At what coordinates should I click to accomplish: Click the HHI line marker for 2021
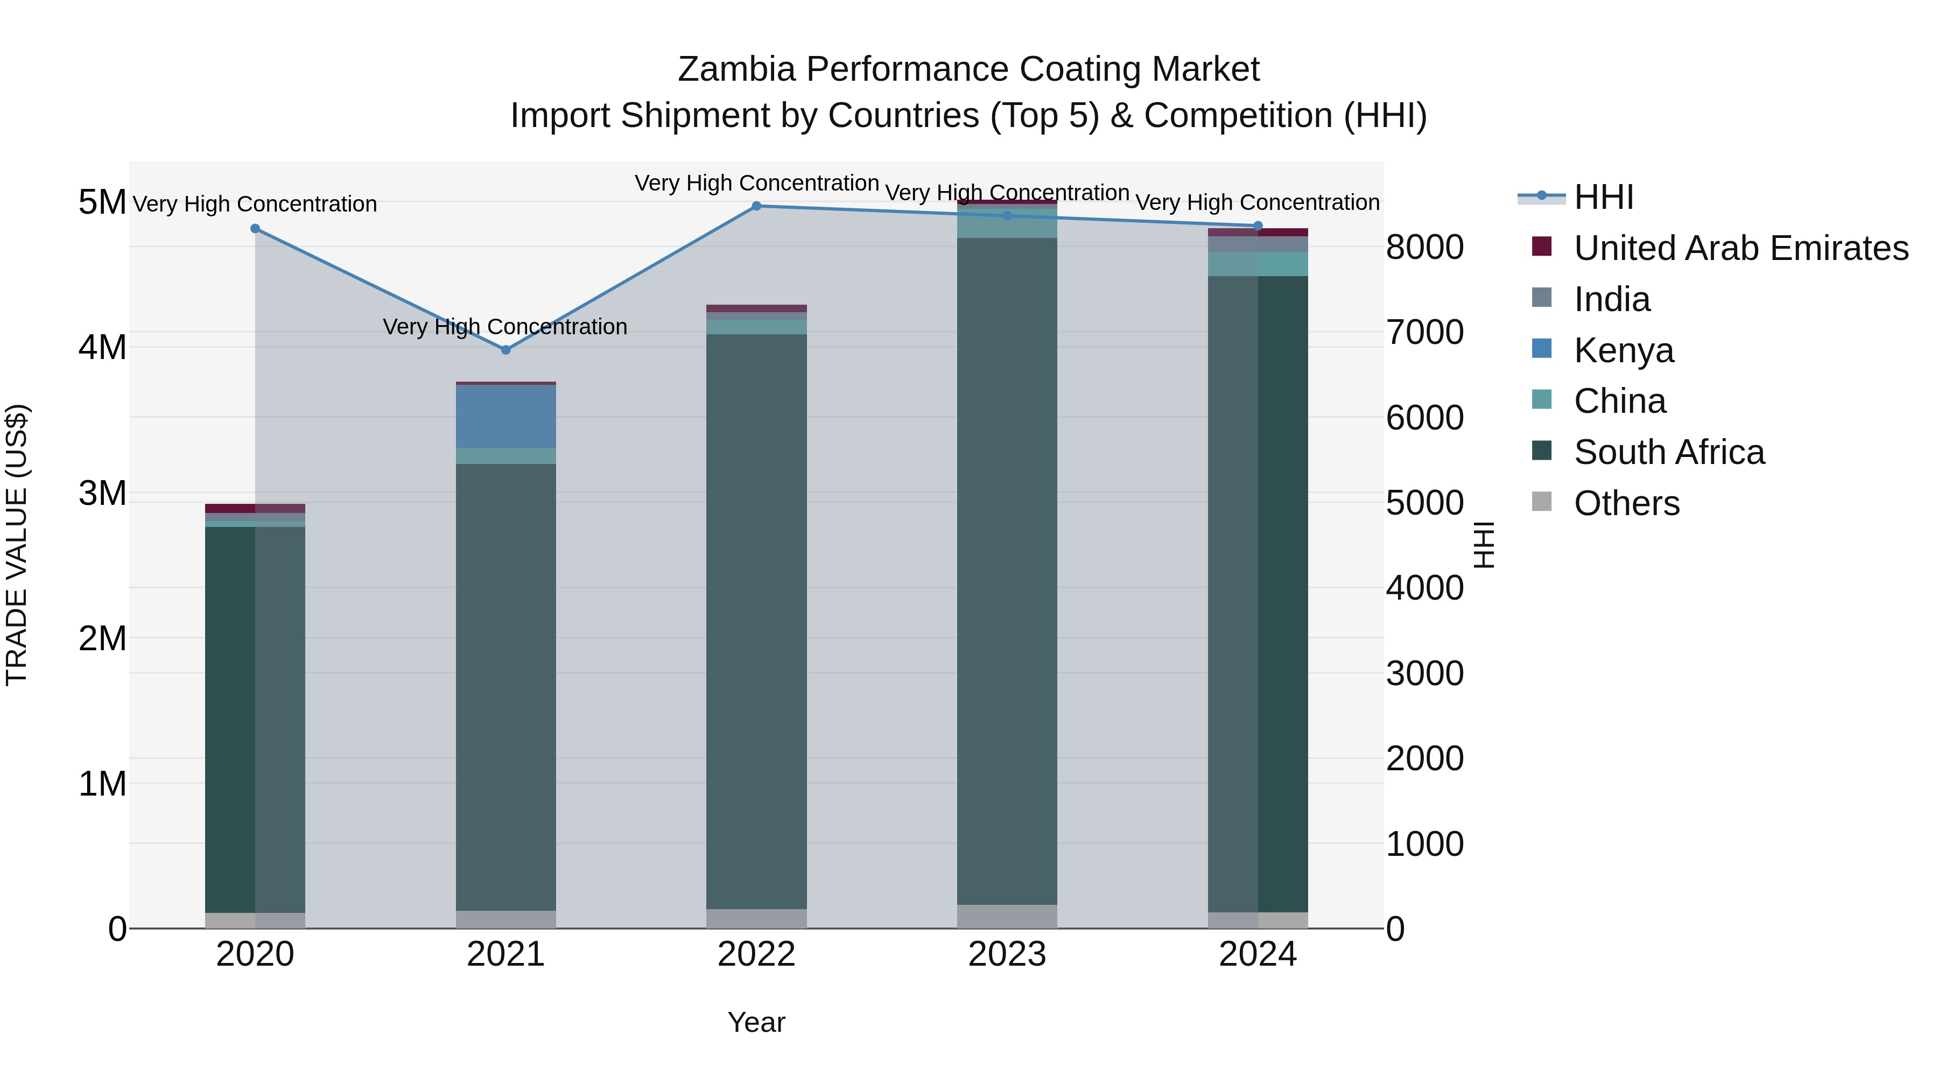(x=505, y=350)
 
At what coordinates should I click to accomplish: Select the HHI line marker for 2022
(x=757, y=206)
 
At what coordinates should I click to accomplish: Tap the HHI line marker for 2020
(x=255, y=229)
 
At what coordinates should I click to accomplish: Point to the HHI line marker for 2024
(x=1258, y=226)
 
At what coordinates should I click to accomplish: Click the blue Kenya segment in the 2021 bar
(x=505, y=417)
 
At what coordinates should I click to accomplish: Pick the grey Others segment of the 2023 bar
(x=1007, y=916)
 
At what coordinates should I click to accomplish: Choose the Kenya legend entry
(x=1624, y=350)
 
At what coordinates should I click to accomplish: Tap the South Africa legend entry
(x=1669, y=452)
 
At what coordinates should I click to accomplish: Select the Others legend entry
(x=1626, y=503)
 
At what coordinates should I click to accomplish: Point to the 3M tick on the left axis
(x=103, y=494)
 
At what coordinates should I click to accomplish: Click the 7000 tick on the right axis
(x=1424, y=333)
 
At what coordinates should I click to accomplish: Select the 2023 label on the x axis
(x=1007, y=954)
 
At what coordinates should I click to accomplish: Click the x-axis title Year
(x=756, y=1022)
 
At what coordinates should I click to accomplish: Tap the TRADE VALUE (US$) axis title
(x=17, y=545)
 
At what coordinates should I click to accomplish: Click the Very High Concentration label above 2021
(x=505, y=327)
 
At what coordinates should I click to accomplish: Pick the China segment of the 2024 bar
(x=1258, y=264)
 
